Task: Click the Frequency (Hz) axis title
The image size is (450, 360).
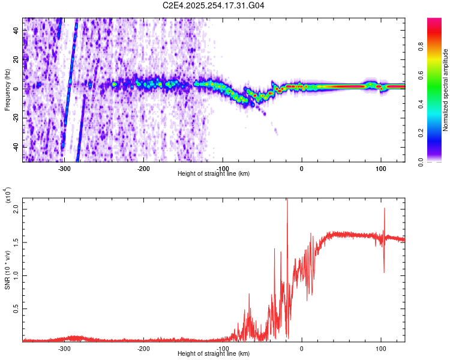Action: pyautogui.click(x=7, y=90)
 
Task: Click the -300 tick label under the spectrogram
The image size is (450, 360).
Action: pyautogui.click(x=64, y=169)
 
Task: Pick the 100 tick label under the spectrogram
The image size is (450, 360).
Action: pyautogui.click(x=380, y=169)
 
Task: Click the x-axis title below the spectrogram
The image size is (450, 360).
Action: pyautogui.click(x=214, y=174)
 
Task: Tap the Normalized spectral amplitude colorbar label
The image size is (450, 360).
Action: pyautogui.click(x=445, y=90)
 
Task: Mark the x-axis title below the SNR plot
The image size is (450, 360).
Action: pyautogui.click(x=214, y=354)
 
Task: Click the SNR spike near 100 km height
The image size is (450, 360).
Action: pyautogui.click(x=384, y=210)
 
